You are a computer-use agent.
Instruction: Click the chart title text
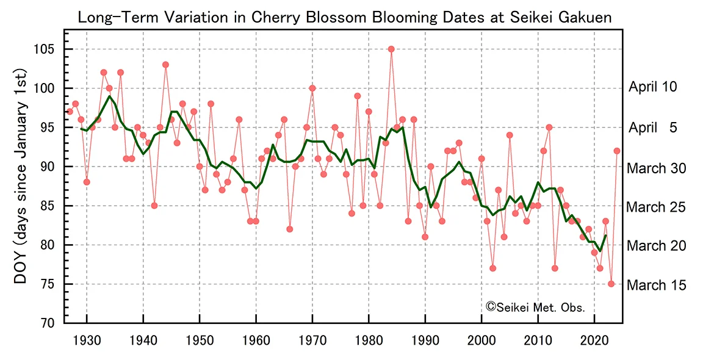coord(345,17)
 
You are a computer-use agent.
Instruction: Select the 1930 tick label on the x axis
coord(87,339)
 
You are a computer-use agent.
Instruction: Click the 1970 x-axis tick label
coord(312,339)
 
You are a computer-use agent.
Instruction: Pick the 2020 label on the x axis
coord(594,339)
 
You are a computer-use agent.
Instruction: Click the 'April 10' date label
coord(653,88)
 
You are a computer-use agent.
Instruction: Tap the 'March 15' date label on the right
coord(655,286)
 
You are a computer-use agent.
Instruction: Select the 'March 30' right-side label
coord(655,168)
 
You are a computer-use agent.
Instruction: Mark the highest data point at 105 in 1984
coord(391,49)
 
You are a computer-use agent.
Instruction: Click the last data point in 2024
coord(617,151)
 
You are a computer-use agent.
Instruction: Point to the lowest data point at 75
coord(611,284)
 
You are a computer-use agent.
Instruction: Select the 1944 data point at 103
coord(165,65)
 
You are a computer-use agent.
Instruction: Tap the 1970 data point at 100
coord(312,88)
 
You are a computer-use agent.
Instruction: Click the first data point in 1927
coord(70,112)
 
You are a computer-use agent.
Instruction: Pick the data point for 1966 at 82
coord(289,229)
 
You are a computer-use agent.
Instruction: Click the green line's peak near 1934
coord(109,96)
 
